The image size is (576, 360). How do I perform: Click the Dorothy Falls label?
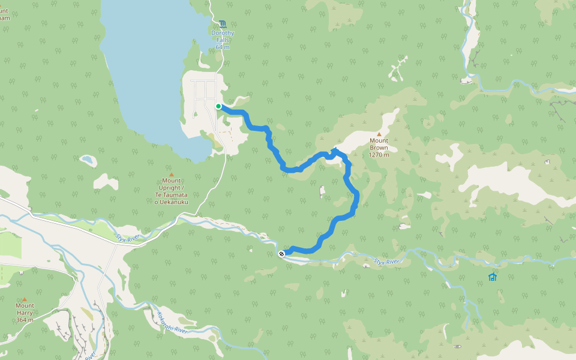[223, 37]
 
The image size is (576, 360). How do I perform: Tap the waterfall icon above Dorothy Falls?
[223, 23]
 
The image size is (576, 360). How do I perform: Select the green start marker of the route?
[218, 106]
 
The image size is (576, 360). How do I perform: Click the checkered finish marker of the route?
[281, 254]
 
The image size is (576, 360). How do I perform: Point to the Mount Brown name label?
[379, 144]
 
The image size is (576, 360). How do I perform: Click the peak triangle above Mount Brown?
[379, 134]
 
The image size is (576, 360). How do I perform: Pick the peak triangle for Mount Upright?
[171, 175]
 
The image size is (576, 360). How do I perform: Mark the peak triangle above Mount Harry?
[25, 299]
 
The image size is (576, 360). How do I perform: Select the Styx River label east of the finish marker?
[386, 262]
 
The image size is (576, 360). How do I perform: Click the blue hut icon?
[493, 277]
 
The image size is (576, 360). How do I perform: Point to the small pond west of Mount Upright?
[88, 160]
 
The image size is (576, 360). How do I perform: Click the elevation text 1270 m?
[379, 155]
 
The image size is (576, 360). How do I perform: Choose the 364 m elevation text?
[25, 320]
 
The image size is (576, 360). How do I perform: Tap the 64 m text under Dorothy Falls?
[223, 47]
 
